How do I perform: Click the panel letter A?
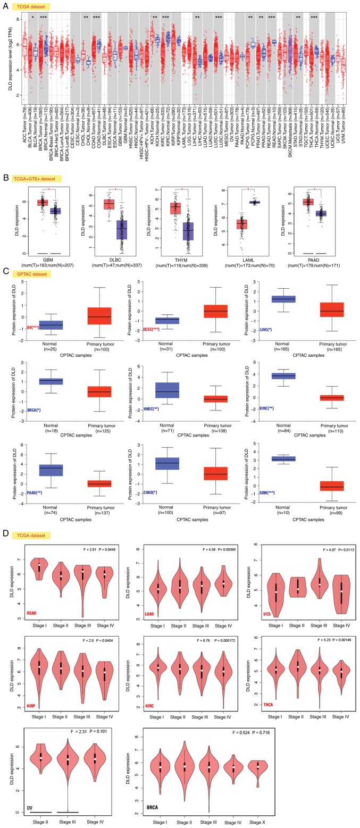tap(4, 7)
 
